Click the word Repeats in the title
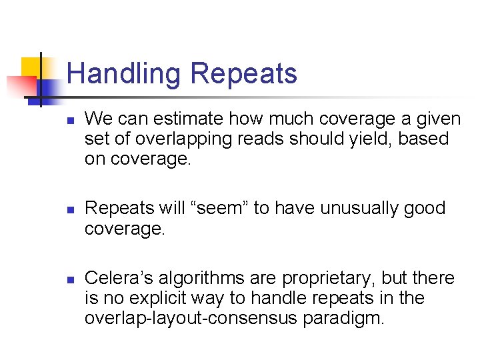[x=243, y=73]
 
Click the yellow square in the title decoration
[x=31, y=67]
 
